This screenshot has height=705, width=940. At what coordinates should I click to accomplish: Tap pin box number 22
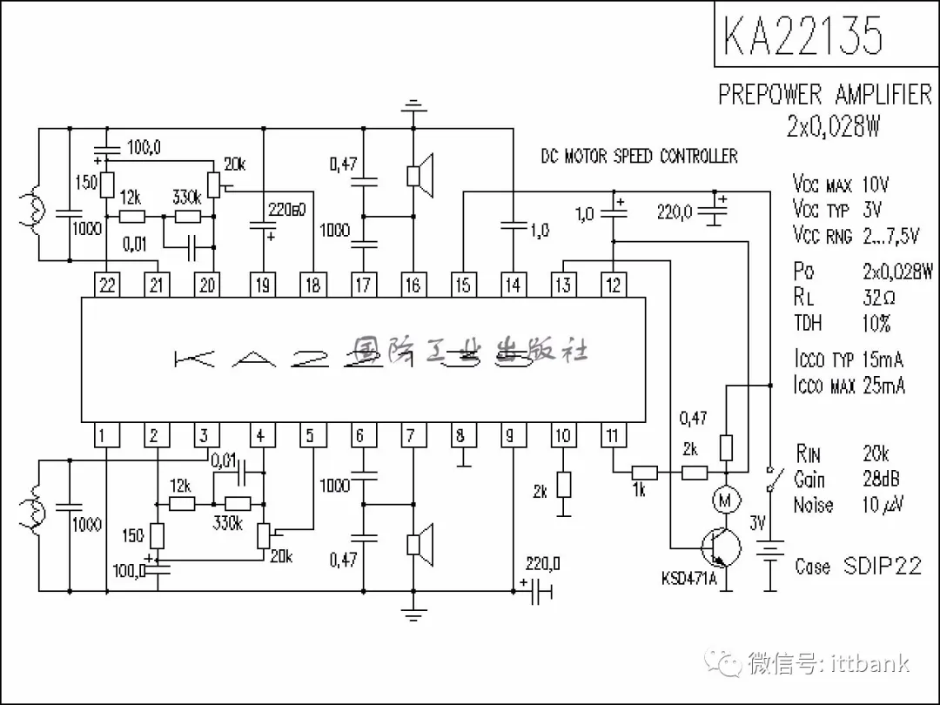(107, 285)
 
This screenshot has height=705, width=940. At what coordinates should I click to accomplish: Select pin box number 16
(412, 285)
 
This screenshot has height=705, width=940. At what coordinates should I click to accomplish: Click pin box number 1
(104, 435)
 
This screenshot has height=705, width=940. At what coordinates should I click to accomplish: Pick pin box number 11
(614, 435)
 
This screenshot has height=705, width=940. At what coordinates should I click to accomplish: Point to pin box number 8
(461, 435)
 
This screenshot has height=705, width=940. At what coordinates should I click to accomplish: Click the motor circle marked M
(724, 500)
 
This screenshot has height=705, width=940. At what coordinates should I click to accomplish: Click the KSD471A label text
(688, 579)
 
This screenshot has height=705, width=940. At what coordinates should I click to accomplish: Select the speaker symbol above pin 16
(419, 174)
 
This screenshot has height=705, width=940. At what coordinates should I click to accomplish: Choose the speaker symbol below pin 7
(419, 543)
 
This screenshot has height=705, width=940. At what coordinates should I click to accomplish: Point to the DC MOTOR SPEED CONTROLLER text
(639, 157)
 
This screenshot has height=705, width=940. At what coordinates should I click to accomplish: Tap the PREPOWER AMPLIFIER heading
(824, 94)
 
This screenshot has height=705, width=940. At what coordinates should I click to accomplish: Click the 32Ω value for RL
(879, 297)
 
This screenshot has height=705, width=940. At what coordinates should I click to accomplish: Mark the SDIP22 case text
(882, 566)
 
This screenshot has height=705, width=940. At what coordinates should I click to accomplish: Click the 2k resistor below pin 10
(563, 485)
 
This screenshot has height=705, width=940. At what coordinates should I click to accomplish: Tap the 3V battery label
(758, 524)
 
